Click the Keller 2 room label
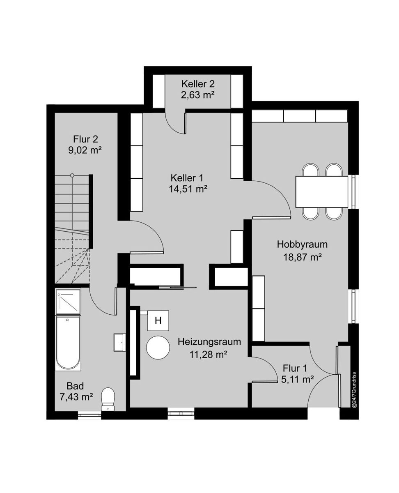(198, 84)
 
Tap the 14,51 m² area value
(188, 189)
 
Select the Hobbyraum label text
(302, 244)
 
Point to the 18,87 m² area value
(303, 257)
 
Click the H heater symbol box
(158, 320)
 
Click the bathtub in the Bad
(68, 343)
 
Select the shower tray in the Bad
(68, 302)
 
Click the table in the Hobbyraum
(322, 191)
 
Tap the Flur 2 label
(85, 139)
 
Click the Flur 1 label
(295, 368)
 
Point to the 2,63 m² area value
(198, 95)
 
